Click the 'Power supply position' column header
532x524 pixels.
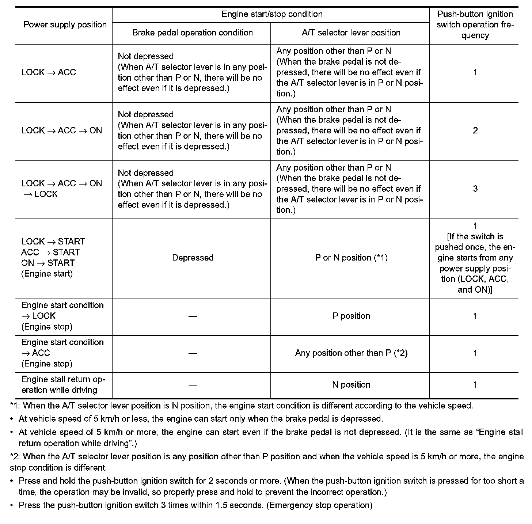tap(65, 25)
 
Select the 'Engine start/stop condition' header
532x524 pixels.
tap(272, 14)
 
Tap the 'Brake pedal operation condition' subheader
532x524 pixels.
tap(193, 33)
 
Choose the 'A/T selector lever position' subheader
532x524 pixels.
tap(351, 33)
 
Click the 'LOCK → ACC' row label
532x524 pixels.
tap(49, 72)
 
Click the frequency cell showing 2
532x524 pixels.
tap(475, 131)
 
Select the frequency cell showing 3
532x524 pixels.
tap(475, 189)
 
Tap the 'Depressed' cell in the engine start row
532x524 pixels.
tap(193, 258)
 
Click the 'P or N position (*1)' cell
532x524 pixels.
tap(351, 258)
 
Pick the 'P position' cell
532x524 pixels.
tap(351, 316)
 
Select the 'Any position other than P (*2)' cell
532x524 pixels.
tap(351, 353)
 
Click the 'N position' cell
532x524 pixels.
tap(351, 385)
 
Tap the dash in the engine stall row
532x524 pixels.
tap(193, 385)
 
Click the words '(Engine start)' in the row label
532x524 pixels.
tap(47, 274)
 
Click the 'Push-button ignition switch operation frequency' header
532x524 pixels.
tap(475, 25)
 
